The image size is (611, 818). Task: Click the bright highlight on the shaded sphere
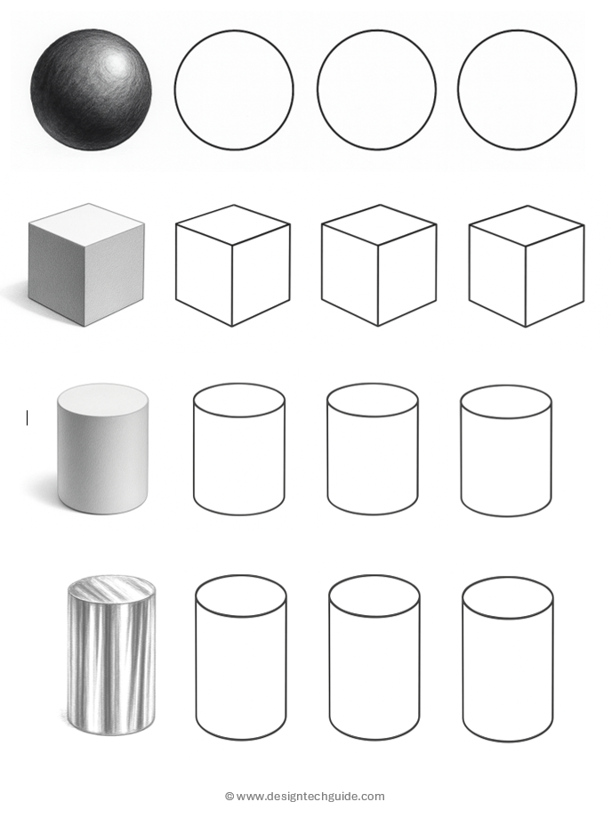[x=116, y=64]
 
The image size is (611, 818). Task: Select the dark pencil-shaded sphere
[x=92, y=90]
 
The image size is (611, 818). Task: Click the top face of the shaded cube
[x=87, y=223]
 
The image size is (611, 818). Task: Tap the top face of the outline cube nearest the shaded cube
[x=233, y=224]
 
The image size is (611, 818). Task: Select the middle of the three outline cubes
[x=379, y=265]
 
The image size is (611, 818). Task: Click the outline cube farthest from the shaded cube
[x=527, y=266]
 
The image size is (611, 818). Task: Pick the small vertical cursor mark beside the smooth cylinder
[x=27, y=417]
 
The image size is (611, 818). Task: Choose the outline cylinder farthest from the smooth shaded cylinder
[x=506, y=450]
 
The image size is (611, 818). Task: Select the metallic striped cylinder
[x=111, y=657]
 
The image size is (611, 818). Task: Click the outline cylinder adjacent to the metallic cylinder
[x=241, y=657]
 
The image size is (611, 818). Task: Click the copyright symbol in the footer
[x=229, y=796]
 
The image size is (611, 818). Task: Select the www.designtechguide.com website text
[x=310, y=797]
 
